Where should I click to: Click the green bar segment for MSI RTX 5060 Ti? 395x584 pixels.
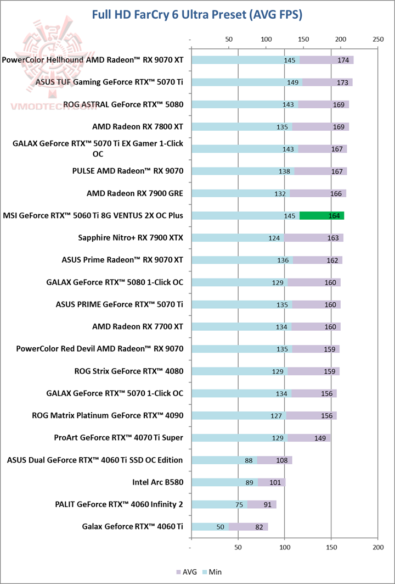321,215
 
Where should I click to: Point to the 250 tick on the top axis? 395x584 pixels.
377,40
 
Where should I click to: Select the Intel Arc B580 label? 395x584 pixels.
157,482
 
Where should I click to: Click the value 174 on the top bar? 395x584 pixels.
343,60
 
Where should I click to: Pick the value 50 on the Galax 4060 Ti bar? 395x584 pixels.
221,527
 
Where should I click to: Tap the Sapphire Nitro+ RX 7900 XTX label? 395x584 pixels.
131,238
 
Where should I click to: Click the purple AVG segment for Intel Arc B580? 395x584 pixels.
272,482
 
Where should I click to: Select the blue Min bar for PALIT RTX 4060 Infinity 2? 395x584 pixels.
219,504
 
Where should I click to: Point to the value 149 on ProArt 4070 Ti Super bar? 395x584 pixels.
320,438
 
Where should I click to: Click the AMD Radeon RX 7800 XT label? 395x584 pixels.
137,126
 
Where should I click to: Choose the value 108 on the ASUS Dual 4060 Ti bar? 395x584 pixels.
281,460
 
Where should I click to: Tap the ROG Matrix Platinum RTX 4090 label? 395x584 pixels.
108,415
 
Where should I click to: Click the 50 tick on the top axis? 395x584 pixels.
229,40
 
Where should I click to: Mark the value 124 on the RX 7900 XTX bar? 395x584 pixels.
274,238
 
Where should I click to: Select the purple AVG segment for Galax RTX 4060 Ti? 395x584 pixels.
248,527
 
